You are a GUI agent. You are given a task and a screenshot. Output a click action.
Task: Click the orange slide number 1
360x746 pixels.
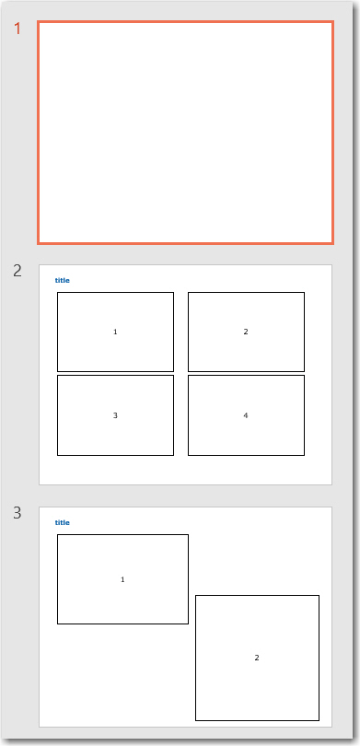point(17,29)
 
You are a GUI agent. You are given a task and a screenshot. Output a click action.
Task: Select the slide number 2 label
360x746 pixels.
point(17,271)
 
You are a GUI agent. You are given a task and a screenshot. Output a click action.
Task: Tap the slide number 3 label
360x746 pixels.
point(17,513)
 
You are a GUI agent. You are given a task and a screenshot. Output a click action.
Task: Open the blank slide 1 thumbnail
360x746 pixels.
point(185,133)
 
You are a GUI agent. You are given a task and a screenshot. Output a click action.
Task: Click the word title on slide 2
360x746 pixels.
point(62,280)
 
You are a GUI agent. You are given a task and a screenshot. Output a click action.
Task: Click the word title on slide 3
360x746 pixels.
point(62,522)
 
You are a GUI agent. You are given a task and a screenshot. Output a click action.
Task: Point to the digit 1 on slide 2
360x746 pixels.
point(115,332)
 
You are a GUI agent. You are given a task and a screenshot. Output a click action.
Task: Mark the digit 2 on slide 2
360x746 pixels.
point(246,332)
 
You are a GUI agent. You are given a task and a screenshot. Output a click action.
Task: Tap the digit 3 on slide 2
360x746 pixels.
point(115,415)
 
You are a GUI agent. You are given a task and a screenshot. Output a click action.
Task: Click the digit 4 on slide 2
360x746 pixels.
point(246,415)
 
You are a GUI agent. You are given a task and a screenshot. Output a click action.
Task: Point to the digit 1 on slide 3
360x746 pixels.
point(122,579)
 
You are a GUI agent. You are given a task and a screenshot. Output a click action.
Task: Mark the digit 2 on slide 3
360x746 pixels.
point(257,658)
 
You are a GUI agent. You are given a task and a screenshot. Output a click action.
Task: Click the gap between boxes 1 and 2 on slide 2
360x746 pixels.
point(180,332)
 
